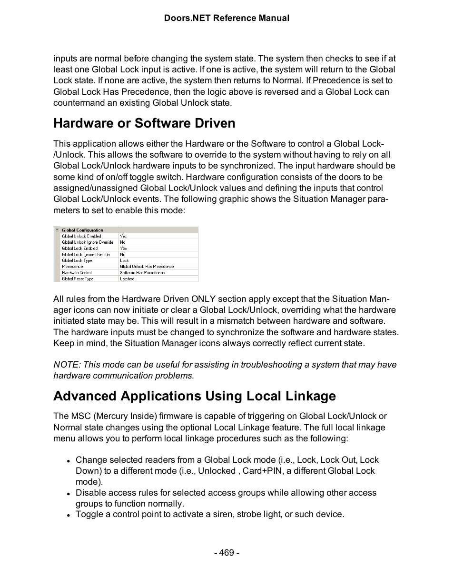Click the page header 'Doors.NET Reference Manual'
(227, 18)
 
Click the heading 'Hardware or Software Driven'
(144, 123)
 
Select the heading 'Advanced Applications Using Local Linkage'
(194, 396)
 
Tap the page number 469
(227, 552)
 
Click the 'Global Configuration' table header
(82, 230)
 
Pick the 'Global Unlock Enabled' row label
(81, 236)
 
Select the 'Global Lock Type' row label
(77, 260)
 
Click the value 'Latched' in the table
(127, 279)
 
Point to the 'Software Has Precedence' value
(142, 273)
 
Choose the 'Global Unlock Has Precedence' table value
(147, 267)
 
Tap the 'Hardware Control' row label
(77, 273)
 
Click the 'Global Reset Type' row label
(78, 279)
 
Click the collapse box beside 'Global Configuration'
(57, 230)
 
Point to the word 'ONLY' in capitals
(203, 299)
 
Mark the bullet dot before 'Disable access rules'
(69, 494)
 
